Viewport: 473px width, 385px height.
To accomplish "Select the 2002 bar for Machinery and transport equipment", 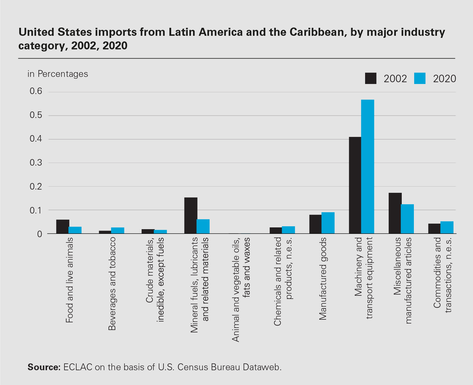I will [x=355, y=185].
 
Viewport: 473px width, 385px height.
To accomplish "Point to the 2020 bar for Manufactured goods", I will [x=328, y=223].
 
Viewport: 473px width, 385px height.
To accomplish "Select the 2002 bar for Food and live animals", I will [x=63, y=227].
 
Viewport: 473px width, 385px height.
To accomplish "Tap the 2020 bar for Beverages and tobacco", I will [x=118, y=230].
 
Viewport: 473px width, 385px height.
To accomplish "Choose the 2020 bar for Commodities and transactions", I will [x=447, y=227].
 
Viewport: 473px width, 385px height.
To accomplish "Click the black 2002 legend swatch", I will [x=371, y=78].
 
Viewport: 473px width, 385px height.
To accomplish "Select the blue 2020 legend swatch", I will [x=419, y=78].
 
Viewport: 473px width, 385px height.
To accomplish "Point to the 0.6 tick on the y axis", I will [x=36, y=91].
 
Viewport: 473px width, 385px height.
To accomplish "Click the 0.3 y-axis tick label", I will [x=36, y=163].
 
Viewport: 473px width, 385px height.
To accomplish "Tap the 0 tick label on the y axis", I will [x=40, y=234].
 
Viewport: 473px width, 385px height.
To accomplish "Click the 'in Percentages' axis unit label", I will [x=58, y=74].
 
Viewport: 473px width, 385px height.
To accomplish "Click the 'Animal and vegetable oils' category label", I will [x=241, y=290].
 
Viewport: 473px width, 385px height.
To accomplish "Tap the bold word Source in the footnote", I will [x=44, y=367].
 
